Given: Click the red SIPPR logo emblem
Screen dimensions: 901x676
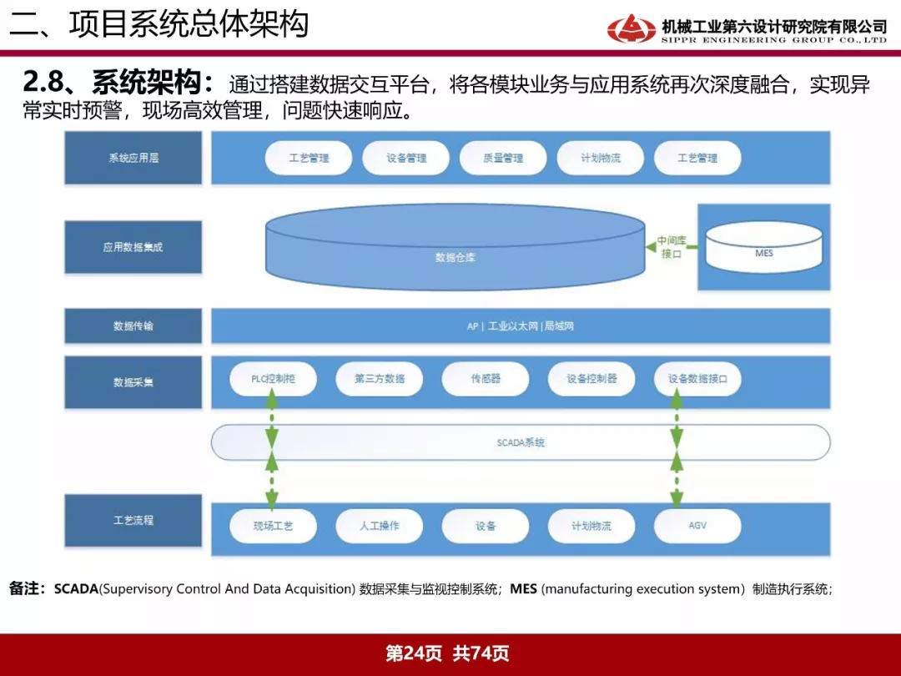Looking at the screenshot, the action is pos(631,28).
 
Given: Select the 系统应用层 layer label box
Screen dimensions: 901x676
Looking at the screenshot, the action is pos(133,158).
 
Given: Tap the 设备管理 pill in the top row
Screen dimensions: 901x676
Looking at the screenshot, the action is pos(405,158).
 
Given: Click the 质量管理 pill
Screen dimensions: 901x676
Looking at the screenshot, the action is pos(503,158).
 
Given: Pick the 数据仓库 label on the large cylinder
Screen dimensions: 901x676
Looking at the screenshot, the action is pos(456,258).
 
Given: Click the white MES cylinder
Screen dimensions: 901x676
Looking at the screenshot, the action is pos(763,246).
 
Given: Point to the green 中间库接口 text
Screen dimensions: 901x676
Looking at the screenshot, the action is pos(671,247).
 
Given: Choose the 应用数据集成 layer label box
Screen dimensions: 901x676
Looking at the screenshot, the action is pos(133,247).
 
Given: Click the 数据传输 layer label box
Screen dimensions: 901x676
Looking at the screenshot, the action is pos(133,326).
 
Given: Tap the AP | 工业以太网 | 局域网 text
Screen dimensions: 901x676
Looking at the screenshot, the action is pos(520,326).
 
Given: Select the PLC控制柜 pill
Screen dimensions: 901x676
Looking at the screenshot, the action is pos(273,379).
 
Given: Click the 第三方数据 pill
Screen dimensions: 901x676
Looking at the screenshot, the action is pos(380,379).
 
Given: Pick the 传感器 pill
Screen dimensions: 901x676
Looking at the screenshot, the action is pos(486,379).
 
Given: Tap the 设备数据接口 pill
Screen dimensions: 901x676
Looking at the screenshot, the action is pos(697,379).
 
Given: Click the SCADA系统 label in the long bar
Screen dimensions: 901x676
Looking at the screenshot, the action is pos(521,442).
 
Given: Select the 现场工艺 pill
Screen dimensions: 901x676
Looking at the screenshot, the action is pos(273,526).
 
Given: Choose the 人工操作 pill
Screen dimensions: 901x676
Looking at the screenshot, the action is pos(380,526).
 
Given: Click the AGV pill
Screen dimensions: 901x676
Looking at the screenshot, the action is pos(697,526).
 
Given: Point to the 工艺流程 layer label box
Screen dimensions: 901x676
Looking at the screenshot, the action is pos(133,520).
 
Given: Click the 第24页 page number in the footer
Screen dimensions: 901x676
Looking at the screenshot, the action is pos(414,653).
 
